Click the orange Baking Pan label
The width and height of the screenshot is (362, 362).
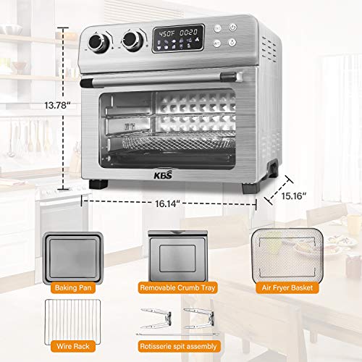(72, 287)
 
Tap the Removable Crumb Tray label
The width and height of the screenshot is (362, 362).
(178, 287)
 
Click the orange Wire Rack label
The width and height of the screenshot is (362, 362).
(72, 348)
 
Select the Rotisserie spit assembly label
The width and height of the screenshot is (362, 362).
(178, 348)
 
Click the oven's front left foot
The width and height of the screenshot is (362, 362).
(94, 184)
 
